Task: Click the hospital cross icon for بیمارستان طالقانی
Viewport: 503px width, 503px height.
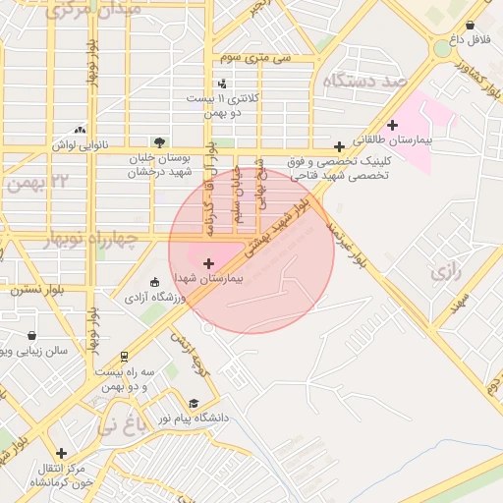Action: click(393, 125)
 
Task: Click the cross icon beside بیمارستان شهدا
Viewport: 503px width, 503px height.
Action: click(208, 263)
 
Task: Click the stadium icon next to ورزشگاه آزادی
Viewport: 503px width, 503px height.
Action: click(152, 282)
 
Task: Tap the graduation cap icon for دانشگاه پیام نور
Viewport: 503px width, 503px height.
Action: click(194, 404)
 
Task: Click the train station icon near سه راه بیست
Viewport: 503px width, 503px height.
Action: click(124, 358)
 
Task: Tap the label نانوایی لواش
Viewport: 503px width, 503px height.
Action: click(79, 143)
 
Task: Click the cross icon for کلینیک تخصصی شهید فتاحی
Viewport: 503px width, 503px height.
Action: click(339, 146)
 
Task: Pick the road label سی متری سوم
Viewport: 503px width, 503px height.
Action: click(255, 58)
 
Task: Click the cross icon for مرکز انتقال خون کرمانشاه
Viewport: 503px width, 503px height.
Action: click(62, 454)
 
